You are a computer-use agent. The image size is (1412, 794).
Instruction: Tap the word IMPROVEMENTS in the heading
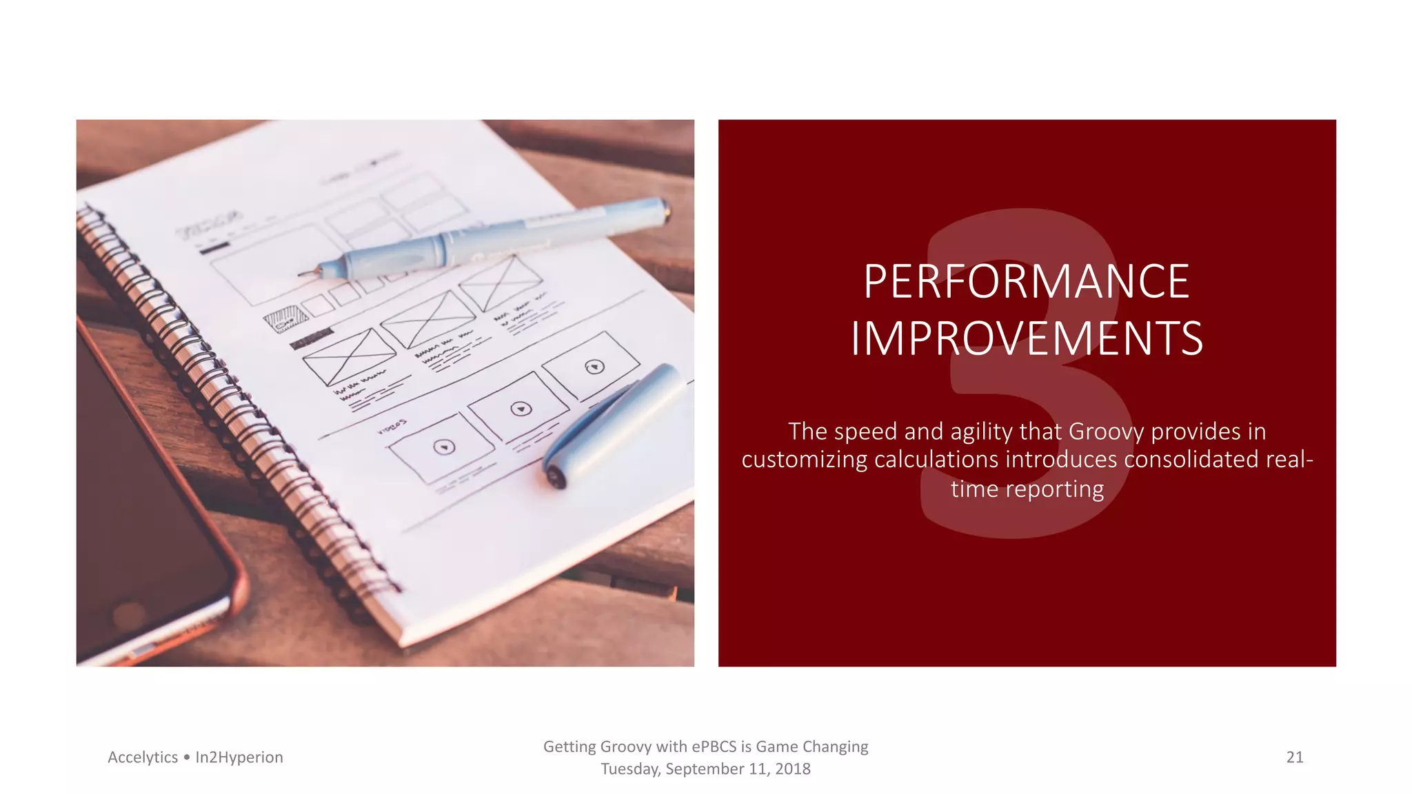tap(1027, 338)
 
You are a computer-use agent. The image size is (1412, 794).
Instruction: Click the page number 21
tap(1295, 757)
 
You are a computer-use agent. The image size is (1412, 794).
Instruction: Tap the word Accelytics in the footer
tap(143, 757)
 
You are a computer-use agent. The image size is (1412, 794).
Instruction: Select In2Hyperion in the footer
tap(239, 757)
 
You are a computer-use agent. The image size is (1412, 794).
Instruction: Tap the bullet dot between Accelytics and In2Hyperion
tap(186, 757)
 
